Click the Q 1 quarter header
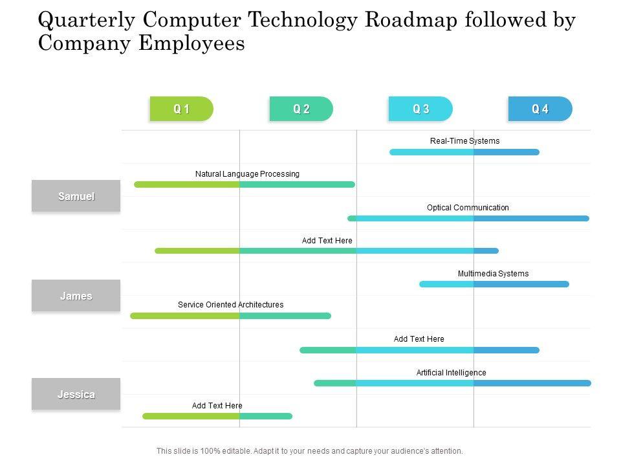click(182, 109)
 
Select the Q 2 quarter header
click(301, 109)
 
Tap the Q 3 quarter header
click(421, 109)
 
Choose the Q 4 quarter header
click(540, 109)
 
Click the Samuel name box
click(76, 196)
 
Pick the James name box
click(76, 296)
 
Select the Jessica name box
click(76, 394)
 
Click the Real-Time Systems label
click(464, 141)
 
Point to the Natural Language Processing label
click(247, 174)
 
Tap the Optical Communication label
click(468, 208)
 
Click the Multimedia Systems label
click(493, 274)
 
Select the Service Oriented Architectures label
click(230, 305)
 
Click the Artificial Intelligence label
click(451, 373)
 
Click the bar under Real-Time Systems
click(464, 152)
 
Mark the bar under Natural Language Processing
click(245, 184)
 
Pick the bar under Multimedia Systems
click(494, 284)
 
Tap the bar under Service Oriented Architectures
click(230, 316)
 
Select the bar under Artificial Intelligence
click(452, 383)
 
